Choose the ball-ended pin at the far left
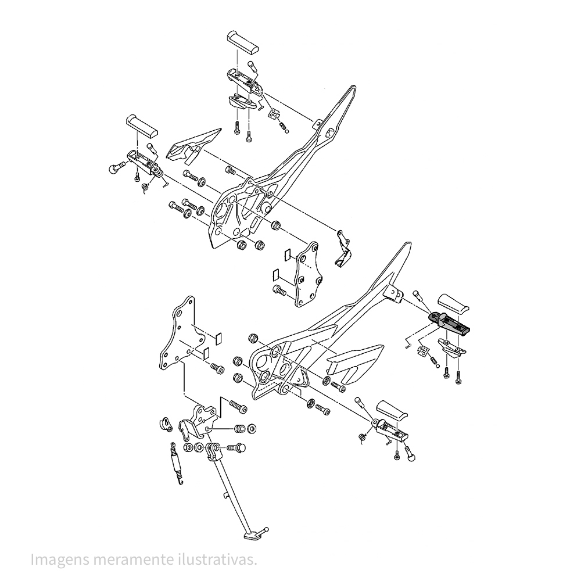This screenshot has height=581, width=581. click(114, 168)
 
